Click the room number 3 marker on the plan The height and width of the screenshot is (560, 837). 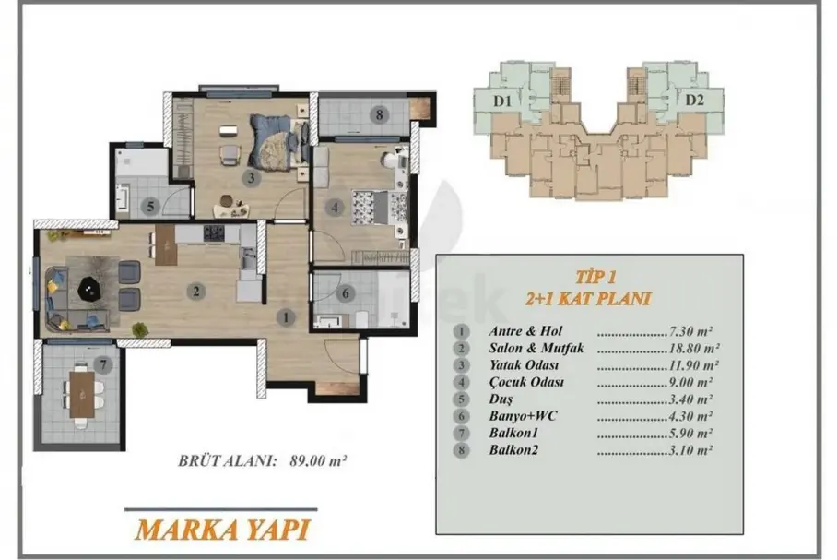252,177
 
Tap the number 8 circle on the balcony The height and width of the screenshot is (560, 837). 380,114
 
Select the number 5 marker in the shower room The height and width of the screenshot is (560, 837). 150,207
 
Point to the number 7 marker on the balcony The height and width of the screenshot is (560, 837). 103,365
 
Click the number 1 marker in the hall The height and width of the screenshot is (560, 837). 286,317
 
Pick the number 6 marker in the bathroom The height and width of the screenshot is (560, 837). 346,293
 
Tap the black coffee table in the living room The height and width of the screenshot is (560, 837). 89,291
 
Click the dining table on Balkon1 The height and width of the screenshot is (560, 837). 82,394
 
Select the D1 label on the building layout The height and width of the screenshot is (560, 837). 501,101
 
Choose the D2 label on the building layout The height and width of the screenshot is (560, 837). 694,100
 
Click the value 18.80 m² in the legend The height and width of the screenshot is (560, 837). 693,349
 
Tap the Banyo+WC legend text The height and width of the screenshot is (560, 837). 523,416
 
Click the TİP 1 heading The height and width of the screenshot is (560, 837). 595,277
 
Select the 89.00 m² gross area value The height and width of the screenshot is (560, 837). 318,460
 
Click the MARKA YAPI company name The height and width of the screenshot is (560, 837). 222,530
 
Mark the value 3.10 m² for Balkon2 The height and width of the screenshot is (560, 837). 690,450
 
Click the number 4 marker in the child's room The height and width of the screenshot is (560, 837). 335,207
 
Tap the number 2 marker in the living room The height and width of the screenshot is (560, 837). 196,292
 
